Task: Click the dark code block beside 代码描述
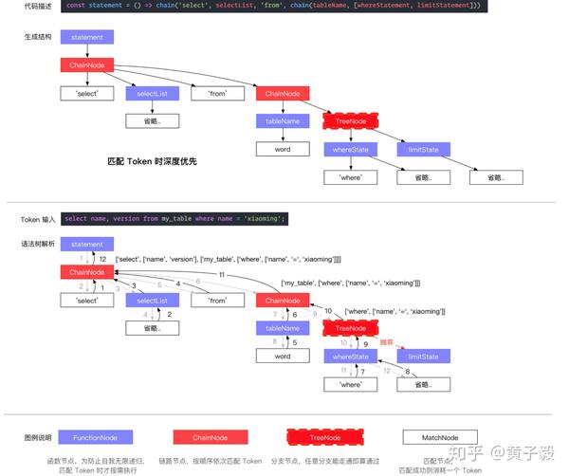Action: [273, 6]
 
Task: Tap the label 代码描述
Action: [38, 6]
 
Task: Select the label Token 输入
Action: [40, 218]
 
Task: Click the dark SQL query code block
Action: [174, 218]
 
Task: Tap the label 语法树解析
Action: [39, 244]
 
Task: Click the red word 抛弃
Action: [386, 342]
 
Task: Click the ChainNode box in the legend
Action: [209, 437]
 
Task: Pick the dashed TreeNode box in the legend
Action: [324, 437]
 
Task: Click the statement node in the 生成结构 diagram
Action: [86, 37]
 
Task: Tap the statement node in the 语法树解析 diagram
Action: [86, 244]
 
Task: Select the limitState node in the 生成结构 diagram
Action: [423, 150]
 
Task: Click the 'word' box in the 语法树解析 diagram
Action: [283, 357]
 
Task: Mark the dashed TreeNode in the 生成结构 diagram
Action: [351, 121]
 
